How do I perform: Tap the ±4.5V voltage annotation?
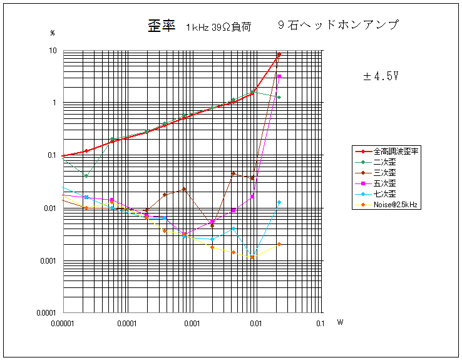coord(381,76)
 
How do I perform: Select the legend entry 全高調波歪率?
coord(397,152)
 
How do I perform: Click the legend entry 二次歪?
coord(384,162)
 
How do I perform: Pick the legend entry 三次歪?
coord(384,173)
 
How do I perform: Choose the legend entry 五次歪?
coord(384,183)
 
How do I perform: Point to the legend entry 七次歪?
coord(384,194)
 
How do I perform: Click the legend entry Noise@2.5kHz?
coord(396,205)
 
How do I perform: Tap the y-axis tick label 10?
coord(53,51)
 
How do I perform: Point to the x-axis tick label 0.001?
coord(192,324)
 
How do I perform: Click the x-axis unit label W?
coord(340,323)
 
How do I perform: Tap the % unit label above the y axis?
coord(53,33)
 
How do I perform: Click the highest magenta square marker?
coord(279,76)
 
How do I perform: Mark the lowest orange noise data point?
coord(252,257)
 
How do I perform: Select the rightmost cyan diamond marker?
coord(279,202)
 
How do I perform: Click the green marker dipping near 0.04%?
coord(86,176)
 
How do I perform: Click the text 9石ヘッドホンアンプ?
coord(338,25)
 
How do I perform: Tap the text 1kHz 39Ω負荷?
coord(218,27)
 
